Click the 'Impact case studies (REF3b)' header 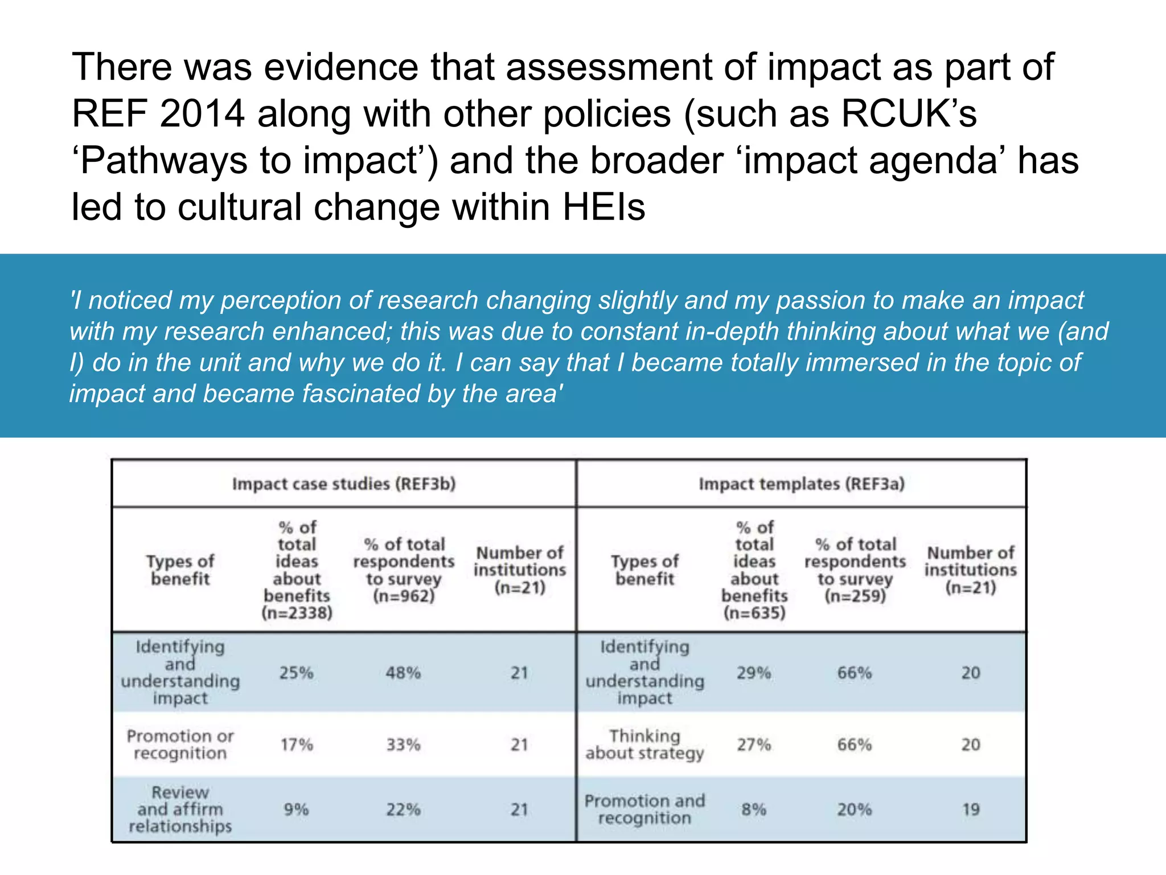pos(344,484)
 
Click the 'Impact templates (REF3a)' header pos(802,484)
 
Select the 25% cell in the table pos(296,673)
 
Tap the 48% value pos(403,673)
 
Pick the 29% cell pos(754,673)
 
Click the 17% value pos(296,745)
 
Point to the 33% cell pos(403,745)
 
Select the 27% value pos(754,745)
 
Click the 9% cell pos(296,809)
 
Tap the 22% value pos(403,809)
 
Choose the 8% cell pos(754,809)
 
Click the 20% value pos(854,809)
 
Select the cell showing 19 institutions pos(971,809)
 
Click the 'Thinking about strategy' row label pos(644,745)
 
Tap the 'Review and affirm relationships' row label pos(180,809)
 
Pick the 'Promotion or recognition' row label pos(180,745)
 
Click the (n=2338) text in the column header pos(297,613)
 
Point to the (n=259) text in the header pos(855,596)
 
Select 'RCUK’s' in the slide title pos(909,113)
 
